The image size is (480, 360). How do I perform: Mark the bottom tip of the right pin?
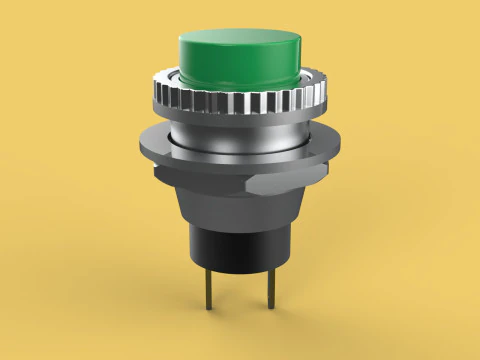click(270, 312)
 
